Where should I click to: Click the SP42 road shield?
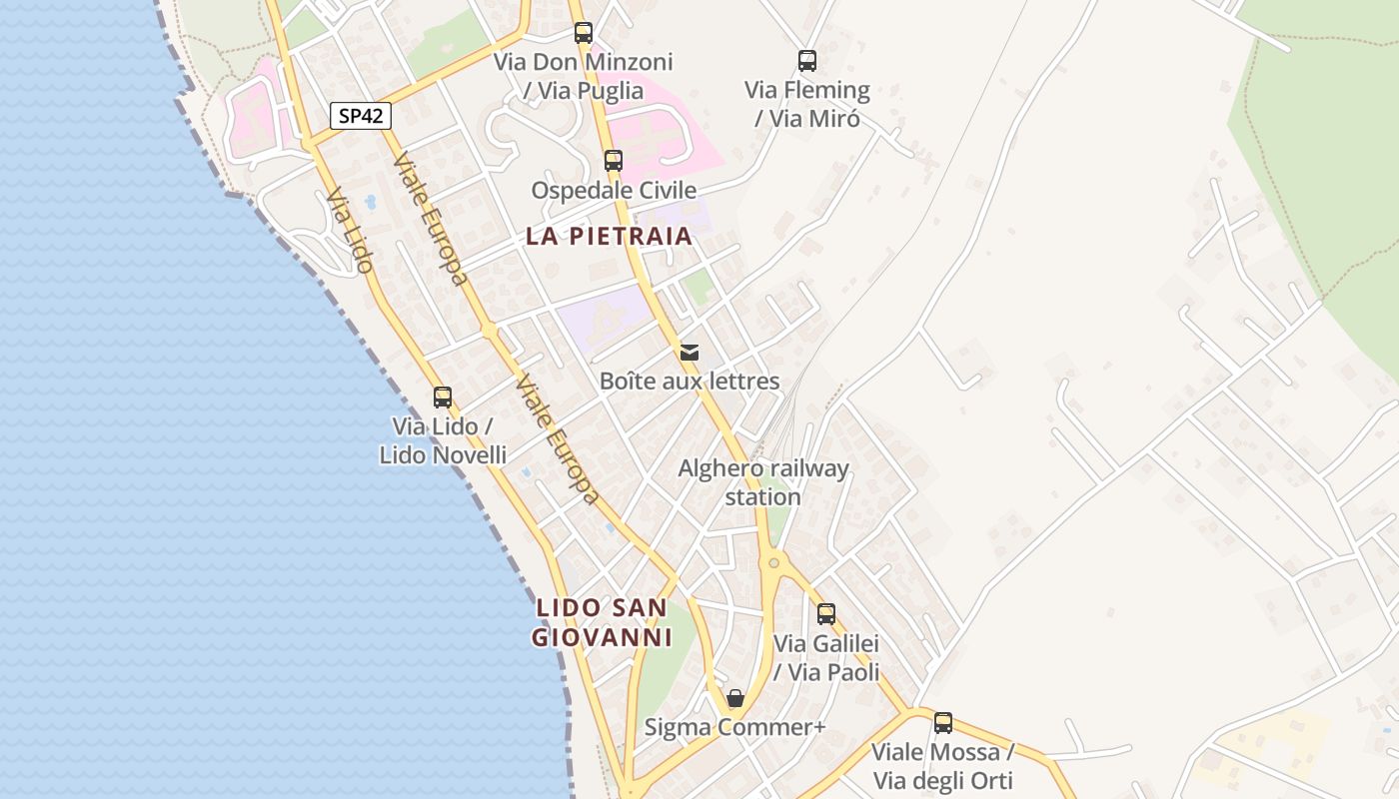tap(361, 116)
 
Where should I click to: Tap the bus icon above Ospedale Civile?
tap(613, 160)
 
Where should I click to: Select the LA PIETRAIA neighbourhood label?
tap(609, 237)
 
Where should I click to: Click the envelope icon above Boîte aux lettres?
tap(690, 352)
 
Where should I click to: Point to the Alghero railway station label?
tap(763, 482)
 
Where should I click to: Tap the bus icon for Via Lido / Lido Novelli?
tap(443, 398)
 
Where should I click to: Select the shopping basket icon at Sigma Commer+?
tap(735, 698)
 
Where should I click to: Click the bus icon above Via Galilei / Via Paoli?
tap(826, 613)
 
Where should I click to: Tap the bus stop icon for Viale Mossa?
tap(942, 723)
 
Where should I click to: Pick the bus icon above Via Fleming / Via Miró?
tap(807, 61)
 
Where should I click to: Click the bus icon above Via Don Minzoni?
tap(584, 33)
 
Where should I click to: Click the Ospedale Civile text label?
tap(614, 190)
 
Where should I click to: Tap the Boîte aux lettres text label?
tap(690, 381)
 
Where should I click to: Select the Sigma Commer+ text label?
tap(734, 727)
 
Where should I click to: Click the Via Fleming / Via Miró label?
tap(807, 104)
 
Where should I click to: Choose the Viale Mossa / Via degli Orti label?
tap(942, 766)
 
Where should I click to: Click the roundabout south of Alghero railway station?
tap(773, 563)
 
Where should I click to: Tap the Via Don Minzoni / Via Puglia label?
tap(584, 76)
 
